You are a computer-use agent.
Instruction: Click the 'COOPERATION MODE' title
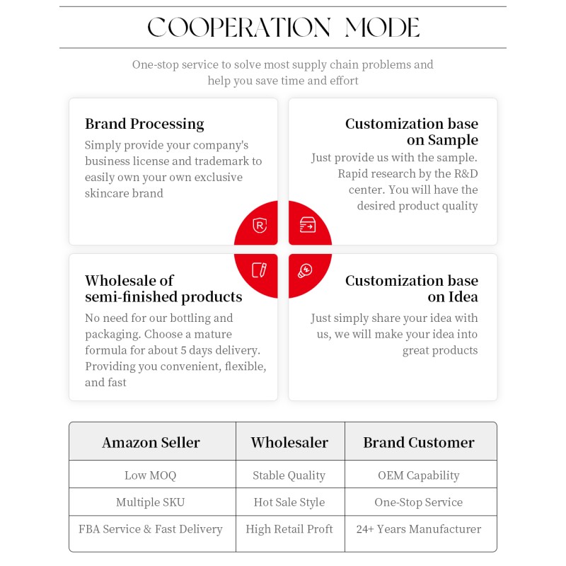tap(283, 28)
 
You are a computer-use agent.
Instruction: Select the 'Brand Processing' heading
tap(144, 124)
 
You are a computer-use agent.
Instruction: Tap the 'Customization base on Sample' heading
tap(411, 132)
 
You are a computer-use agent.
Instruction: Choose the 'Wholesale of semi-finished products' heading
tap(163, 289)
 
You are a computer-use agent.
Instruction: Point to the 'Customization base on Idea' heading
tap(411, 289)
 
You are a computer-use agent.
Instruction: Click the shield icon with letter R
tap(260, 226)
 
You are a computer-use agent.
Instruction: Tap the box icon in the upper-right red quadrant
tap(307, 226)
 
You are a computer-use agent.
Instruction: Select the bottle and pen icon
tap(260, 270)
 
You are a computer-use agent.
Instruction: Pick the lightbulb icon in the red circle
tap(306, 270)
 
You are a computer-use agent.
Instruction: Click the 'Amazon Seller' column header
tap(151, 443)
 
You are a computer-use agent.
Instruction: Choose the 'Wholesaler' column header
tap(289, 443)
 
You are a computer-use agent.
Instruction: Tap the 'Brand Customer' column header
tap(419, 443)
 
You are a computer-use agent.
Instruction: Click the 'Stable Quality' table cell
tap(289, 475)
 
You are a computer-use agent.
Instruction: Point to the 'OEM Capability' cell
tap(419, 475)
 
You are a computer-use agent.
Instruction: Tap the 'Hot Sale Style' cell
tap(289, 502)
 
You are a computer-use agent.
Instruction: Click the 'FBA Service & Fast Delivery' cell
tap(151, 529)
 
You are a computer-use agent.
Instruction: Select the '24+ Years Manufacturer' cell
tap(419, 529)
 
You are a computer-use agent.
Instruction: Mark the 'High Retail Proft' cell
tap(289, 529)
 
